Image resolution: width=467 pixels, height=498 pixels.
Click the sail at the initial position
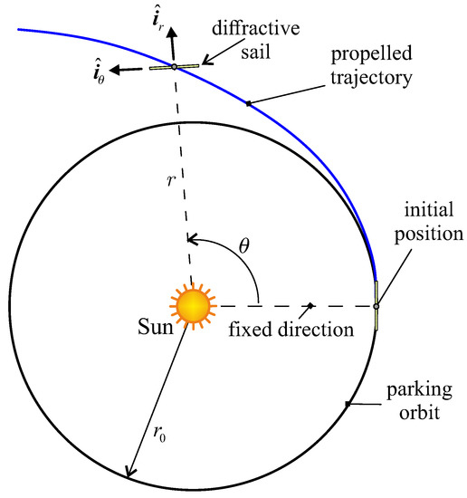point(376,306)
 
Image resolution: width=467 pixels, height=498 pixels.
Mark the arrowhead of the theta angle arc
point(191,241)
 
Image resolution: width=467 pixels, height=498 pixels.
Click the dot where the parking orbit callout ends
point(348,405)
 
